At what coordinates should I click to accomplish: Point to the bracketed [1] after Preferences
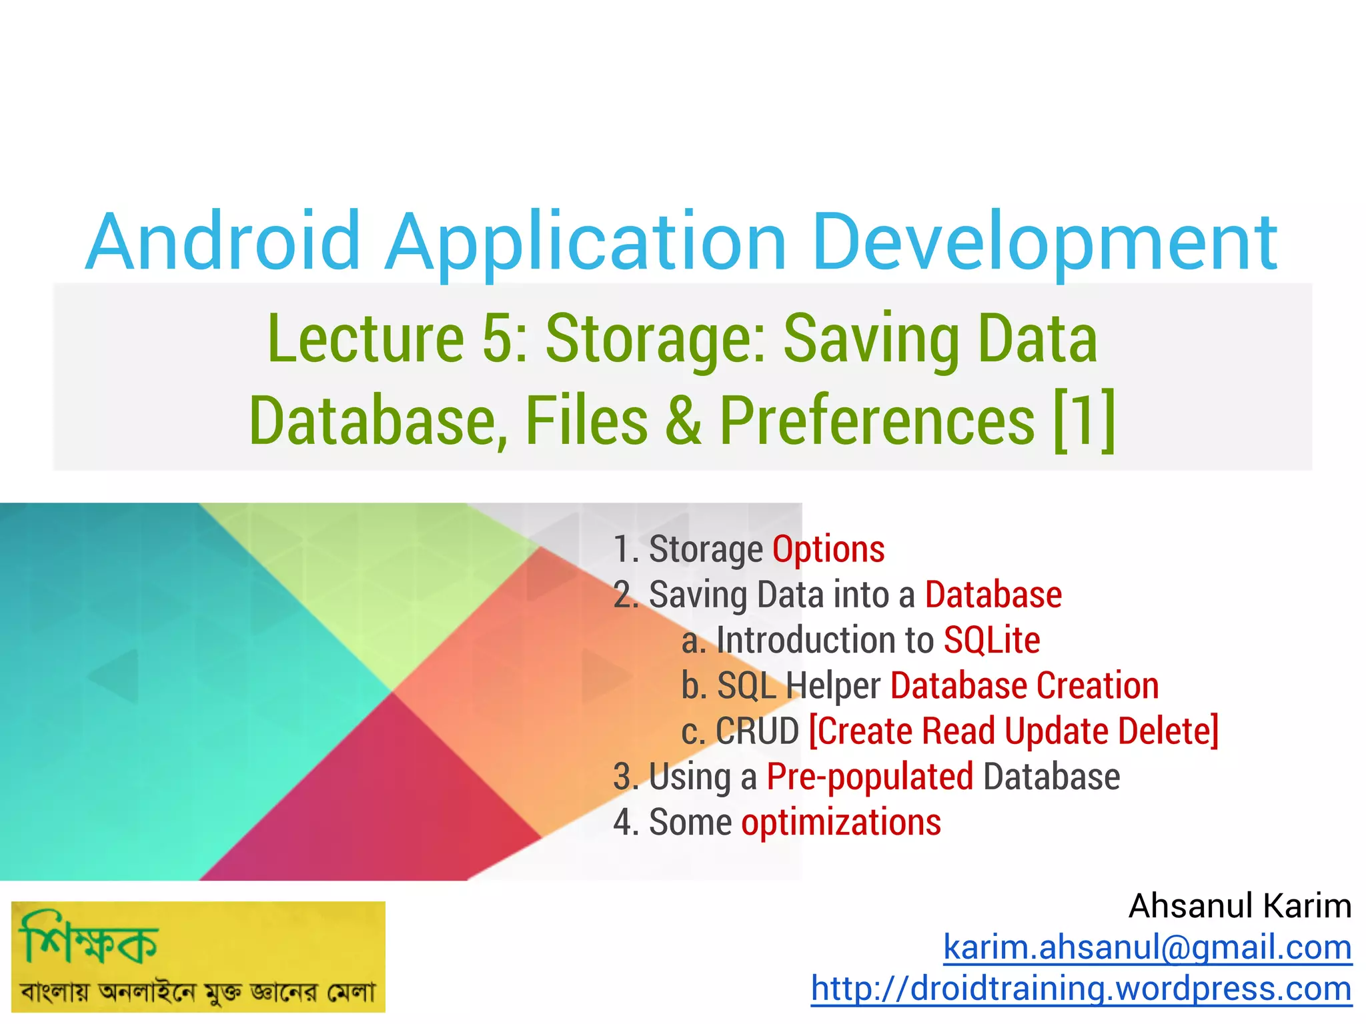1084,421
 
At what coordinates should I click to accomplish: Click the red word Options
828,549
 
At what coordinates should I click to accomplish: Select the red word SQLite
992,641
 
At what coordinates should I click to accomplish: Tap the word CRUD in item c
757,731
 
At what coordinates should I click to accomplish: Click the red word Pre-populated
870,777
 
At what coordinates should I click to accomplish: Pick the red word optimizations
841,823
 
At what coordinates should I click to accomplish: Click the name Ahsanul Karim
1239,906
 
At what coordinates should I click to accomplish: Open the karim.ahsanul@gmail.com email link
1147,947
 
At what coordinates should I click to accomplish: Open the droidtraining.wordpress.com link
1081,989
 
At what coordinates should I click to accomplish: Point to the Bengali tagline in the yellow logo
198,992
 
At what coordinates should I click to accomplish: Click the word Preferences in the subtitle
877,421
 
